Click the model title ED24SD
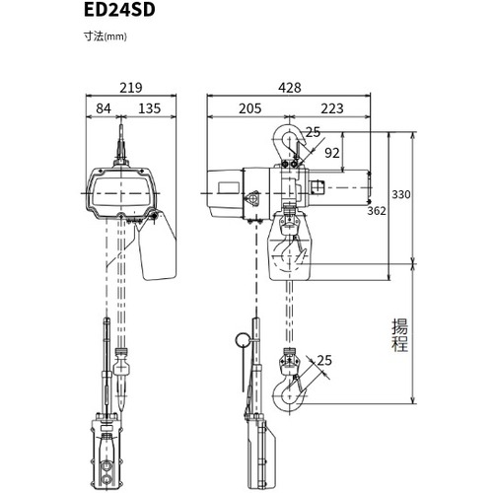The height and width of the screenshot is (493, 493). pyautogui.click(x=119, y=10)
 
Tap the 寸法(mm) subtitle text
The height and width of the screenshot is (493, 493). pyautogui.click(x=106, y=36)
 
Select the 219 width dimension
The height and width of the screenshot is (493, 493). pyautogui.click(x=131, y=88)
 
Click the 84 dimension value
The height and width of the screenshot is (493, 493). pyautogui.click(x=104, y=108)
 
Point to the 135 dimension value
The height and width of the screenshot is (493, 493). pyautogui.click(x=150, y=108)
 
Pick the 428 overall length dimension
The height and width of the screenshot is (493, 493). pyautogui.click(x=290, y=88)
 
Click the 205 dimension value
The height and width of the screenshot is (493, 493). pyautogui.click(x=250, y=108)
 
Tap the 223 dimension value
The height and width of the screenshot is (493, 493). pyautogui.click(x=332, y=108)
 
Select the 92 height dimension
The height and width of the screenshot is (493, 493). pyautogui.click(x=332, y=153)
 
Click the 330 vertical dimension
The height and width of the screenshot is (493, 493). pyautogui.click(x=401, y=194)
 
